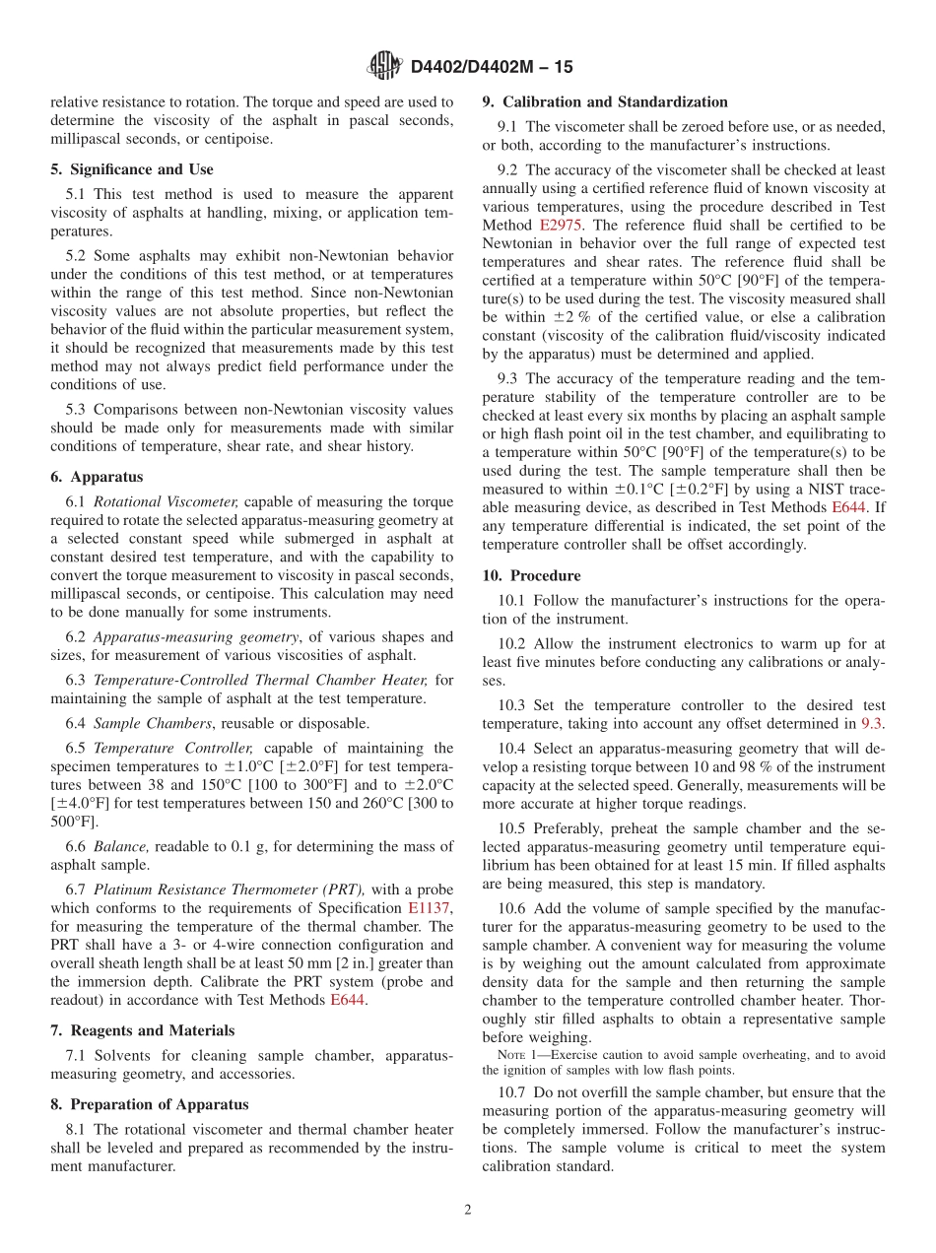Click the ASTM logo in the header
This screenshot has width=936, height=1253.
(x=383, y=67)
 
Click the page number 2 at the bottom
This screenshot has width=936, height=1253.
(x=468, y=1210)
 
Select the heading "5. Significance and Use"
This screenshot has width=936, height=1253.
(x=132, y=169)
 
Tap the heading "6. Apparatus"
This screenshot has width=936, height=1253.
(x=97, y=477)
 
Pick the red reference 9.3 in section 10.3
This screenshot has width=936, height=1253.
(x=872, y=724)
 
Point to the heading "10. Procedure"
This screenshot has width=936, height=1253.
(x=532, y=575)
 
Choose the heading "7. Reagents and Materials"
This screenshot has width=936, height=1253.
(x=142, y=1030)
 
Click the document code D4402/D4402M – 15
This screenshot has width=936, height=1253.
(x=491, y=68)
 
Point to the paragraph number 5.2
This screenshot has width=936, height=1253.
(x=80, y=256)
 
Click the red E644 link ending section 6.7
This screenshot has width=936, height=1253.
(x=348, y=999)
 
